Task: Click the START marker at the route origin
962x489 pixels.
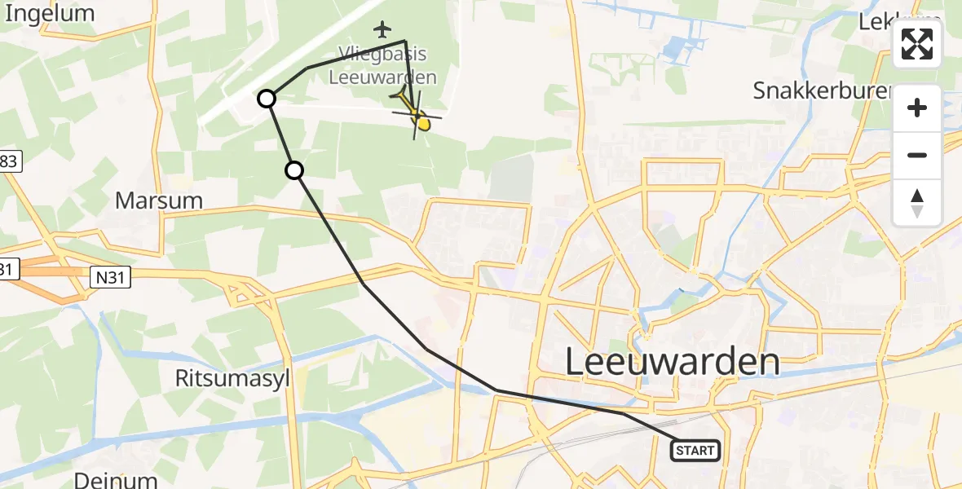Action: click(x=695, y=450)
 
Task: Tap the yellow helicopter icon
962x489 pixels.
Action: click(x=416, y=115)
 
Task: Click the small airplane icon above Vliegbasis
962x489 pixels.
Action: click(x=382, y=30)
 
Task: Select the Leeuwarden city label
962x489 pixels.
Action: click(x=672, y=362)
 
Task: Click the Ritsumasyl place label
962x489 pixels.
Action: click(x=233, y=377)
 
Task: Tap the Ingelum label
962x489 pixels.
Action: click(x=49, y=13)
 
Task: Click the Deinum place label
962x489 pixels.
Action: click(x=115, y=478)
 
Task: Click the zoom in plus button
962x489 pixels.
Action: click(x=917, y=108)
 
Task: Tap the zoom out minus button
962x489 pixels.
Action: click(x=917, y=155)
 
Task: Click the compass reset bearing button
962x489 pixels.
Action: click(x=917, y=202)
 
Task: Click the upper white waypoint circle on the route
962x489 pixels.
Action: click(x=267, y=99)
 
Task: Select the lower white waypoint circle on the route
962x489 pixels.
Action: click(x=294, y=170)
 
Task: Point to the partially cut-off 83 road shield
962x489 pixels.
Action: click(x=8, y=161)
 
